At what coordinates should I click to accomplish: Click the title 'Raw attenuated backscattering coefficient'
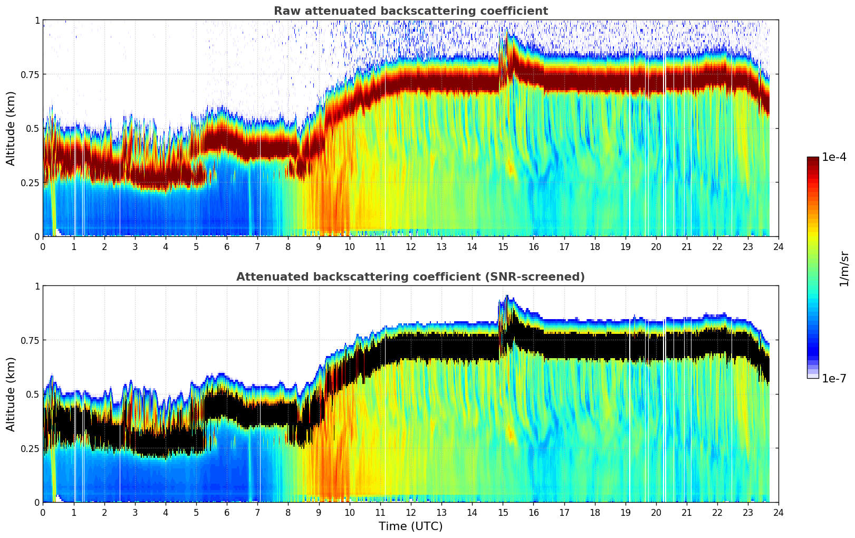click(x=410, y=11)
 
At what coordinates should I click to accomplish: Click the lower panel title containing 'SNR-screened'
click(x=410, y=277)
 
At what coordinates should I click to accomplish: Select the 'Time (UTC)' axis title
click(x=410, y=526)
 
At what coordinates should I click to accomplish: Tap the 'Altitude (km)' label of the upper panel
click(x=11, y=128)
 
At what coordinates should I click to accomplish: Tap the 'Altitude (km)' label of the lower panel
click(x=11, y=394)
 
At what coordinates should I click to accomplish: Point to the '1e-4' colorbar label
click(x=834, y=157)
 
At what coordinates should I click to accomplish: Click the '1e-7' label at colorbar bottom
click(x=834, y=378)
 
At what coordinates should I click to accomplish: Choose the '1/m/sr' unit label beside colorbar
click(x=844, y=268)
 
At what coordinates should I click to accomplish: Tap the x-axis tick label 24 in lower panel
click(x=779, y=512)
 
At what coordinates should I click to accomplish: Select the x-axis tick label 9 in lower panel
click(x=319, y=512)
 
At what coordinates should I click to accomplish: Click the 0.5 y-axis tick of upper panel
click(x=33, y=128)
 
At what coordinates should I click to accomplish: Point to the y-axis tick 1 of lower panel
click(x=37, y=286)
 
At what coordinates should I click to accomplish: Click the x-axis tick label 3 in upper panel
click(x=135, y=246)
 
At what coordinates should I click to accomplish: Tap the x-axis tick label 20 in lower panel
click(x=656, y=512)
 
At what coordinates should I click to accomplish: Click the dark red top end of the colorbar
click(x=813, y=160)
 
